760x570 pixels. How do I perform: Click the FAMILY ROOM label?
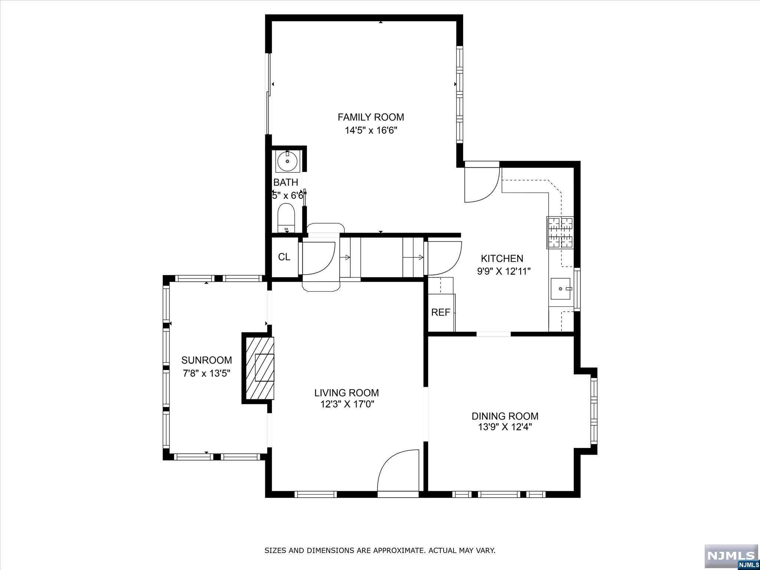point(371,117)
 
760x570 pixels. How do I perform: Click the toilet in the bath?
point(286,217)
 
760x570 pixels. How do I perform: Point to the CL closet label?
point(284,257)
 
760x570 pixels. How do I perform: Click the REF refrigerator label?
point(440,312)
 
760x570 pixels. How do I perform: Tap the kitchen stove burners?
point(560,232)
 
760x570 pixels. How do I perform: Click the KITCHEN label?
point(502,258)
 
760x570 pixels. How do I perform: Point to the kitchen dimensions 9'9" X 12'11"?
point(504,272)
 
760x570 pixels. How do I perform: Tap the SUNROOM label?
point(207,360)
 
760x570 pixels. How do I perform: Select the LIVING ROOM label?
point(347,393)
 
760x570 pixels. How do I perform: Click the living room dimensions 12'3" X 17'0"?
point(347,404)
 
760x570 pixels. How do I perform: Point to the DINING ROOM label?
point(505,416)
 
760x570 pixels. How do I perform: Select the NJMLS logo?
point(731,556)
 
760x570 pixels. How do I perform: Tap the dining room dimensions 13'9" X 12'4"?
point(505,427)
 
